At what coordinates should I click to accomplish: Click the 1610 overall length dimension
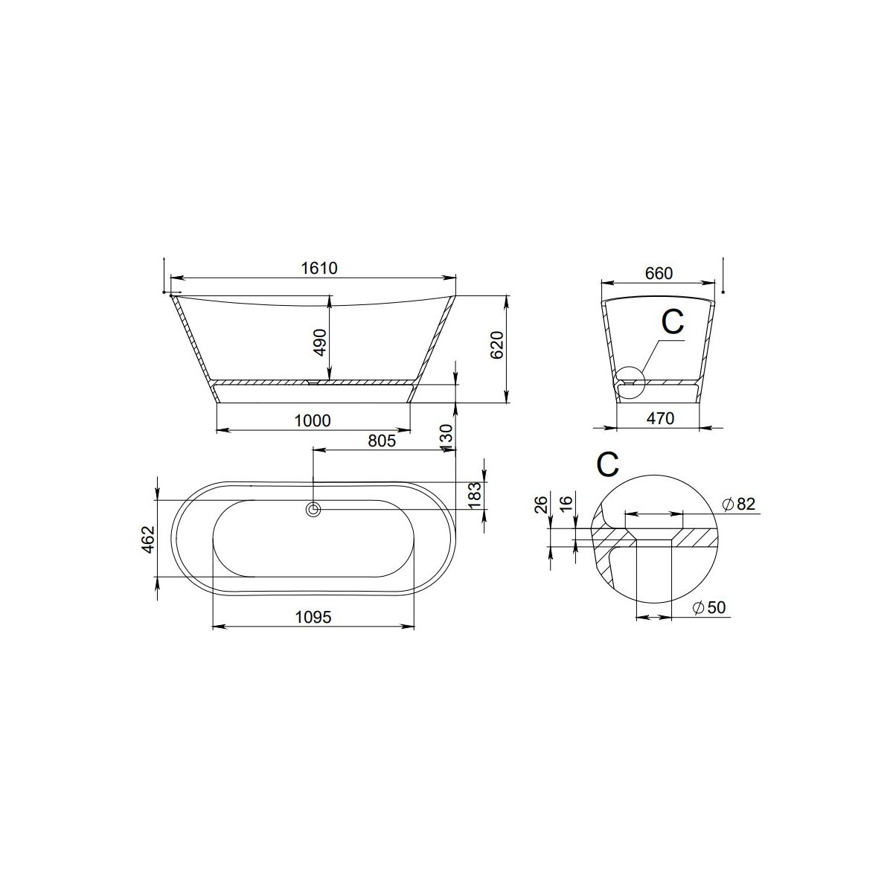pos(319,269)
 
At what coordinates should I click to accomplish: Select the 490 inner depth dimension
pos(320,342)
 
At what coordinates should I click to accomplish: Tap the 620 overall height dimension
pos(497,345)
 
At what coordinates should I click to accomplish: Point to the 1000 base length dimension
pos(313,420)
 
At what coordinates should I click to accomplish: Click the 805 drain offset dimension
pos(382,441)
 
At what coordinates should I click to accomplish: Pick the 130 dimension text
pos(445,438)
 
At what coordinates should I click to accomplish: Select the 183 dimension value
pos(475,496)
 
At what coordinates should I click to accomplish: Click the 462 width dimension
pos(148,540)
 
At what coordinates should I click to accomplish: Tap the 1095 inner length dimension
pos(313,617)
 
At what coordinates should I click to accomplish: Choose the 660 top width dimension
pos(659,273)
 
